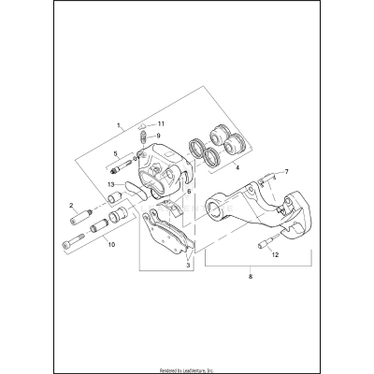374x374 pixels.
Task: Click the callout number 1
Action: pos(120,124)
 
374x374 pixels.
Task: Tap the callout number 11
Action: pos(160,123)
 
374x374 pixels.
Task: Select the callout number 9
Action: pos(159,136)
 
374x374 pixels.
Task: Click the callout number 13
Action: pos(111,184)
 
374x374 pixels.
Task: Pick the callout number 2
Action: pos(72,204)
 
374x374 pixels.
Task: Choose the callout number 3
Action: pos(190,266)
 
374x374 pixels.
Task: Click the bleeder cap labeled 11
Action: pos(143,124)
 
